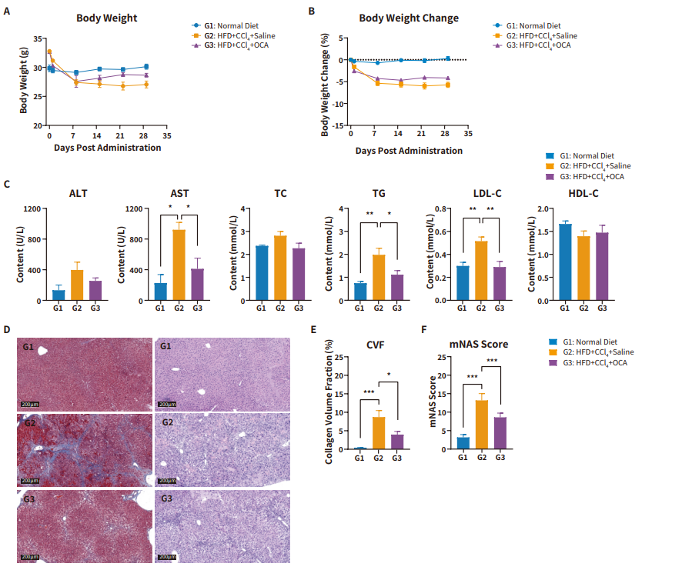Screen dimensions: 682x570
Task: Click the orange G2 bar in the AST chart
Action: point(179,265)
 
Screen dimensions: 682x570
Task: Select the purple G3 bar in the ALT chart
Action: point(95,291)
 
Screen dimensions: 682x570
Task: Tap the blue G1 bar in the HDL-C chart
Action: point(565,262)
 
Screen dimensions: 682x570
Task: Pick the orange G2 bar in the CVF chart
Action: point(379,433)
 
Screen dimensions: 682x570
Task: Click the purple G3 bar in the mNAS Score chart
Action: point(500,433)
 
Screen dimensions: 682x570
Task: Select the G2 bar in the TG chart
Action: point(379,278)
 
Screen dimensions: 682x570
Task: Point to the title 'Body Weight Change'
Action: point(409,18)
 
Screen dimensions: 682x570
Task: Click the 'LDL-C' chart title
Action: point(487,194)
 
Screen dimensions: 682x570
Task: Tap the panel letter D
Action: point(7,329)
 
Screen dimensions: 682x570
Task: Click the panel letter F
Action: point(424,329)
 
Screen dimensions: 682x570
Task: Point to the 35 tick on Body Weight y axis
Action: point(38,38)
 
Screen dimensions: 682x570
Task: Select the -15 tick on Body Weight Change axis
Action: point(339,125)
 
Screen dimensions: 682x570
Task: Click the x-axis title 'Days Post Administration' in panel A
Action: point(108,148)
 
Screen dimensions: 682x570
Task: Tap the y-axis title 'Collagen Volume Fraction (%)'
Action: point(329,402)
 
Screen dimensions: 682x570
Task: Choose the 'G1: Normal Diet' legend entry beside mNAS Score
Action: point(583,342)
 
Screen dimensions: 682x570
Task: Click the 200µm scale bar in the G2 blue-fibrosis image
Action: point(30,481)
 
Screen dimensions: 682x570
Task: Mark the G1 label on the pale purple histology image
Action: point(165,346)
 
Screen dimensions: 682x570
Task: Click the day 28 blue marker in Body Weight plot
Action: point(146,66)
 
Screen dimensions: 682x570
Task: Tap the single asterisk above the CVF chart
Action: point(389,375)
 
